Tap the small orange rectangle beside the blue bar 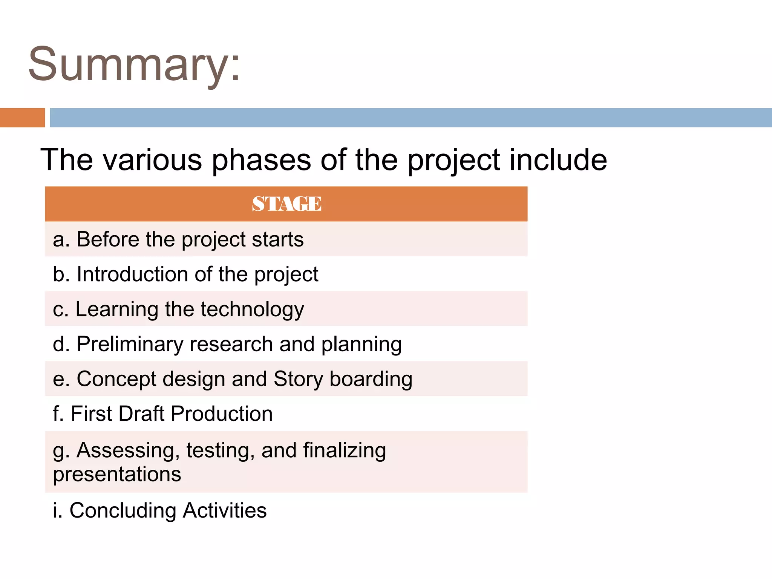[x=22, y=118]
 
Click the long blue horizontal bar [x=411, y=118]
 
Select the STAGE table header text [x=286, y=204]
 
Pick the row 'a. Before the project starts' [x=178, y=239]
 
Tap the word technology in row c [x=252, y=310]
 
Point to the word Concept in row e [x=116, y=379]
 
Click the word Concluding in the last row [x=123, y=511]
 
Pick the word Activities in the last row [x=225, y=511]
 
